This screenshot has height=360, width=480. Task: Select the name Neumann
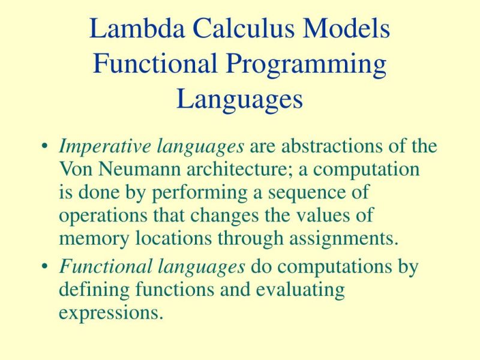tap(133, 169)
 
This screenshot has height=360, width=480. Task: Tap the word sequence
tap(304, 193)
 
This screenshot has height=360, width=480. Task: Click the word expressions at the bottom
tap(110, 313)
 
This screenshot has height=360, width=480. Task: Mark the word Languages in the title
tap(239, 99)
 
